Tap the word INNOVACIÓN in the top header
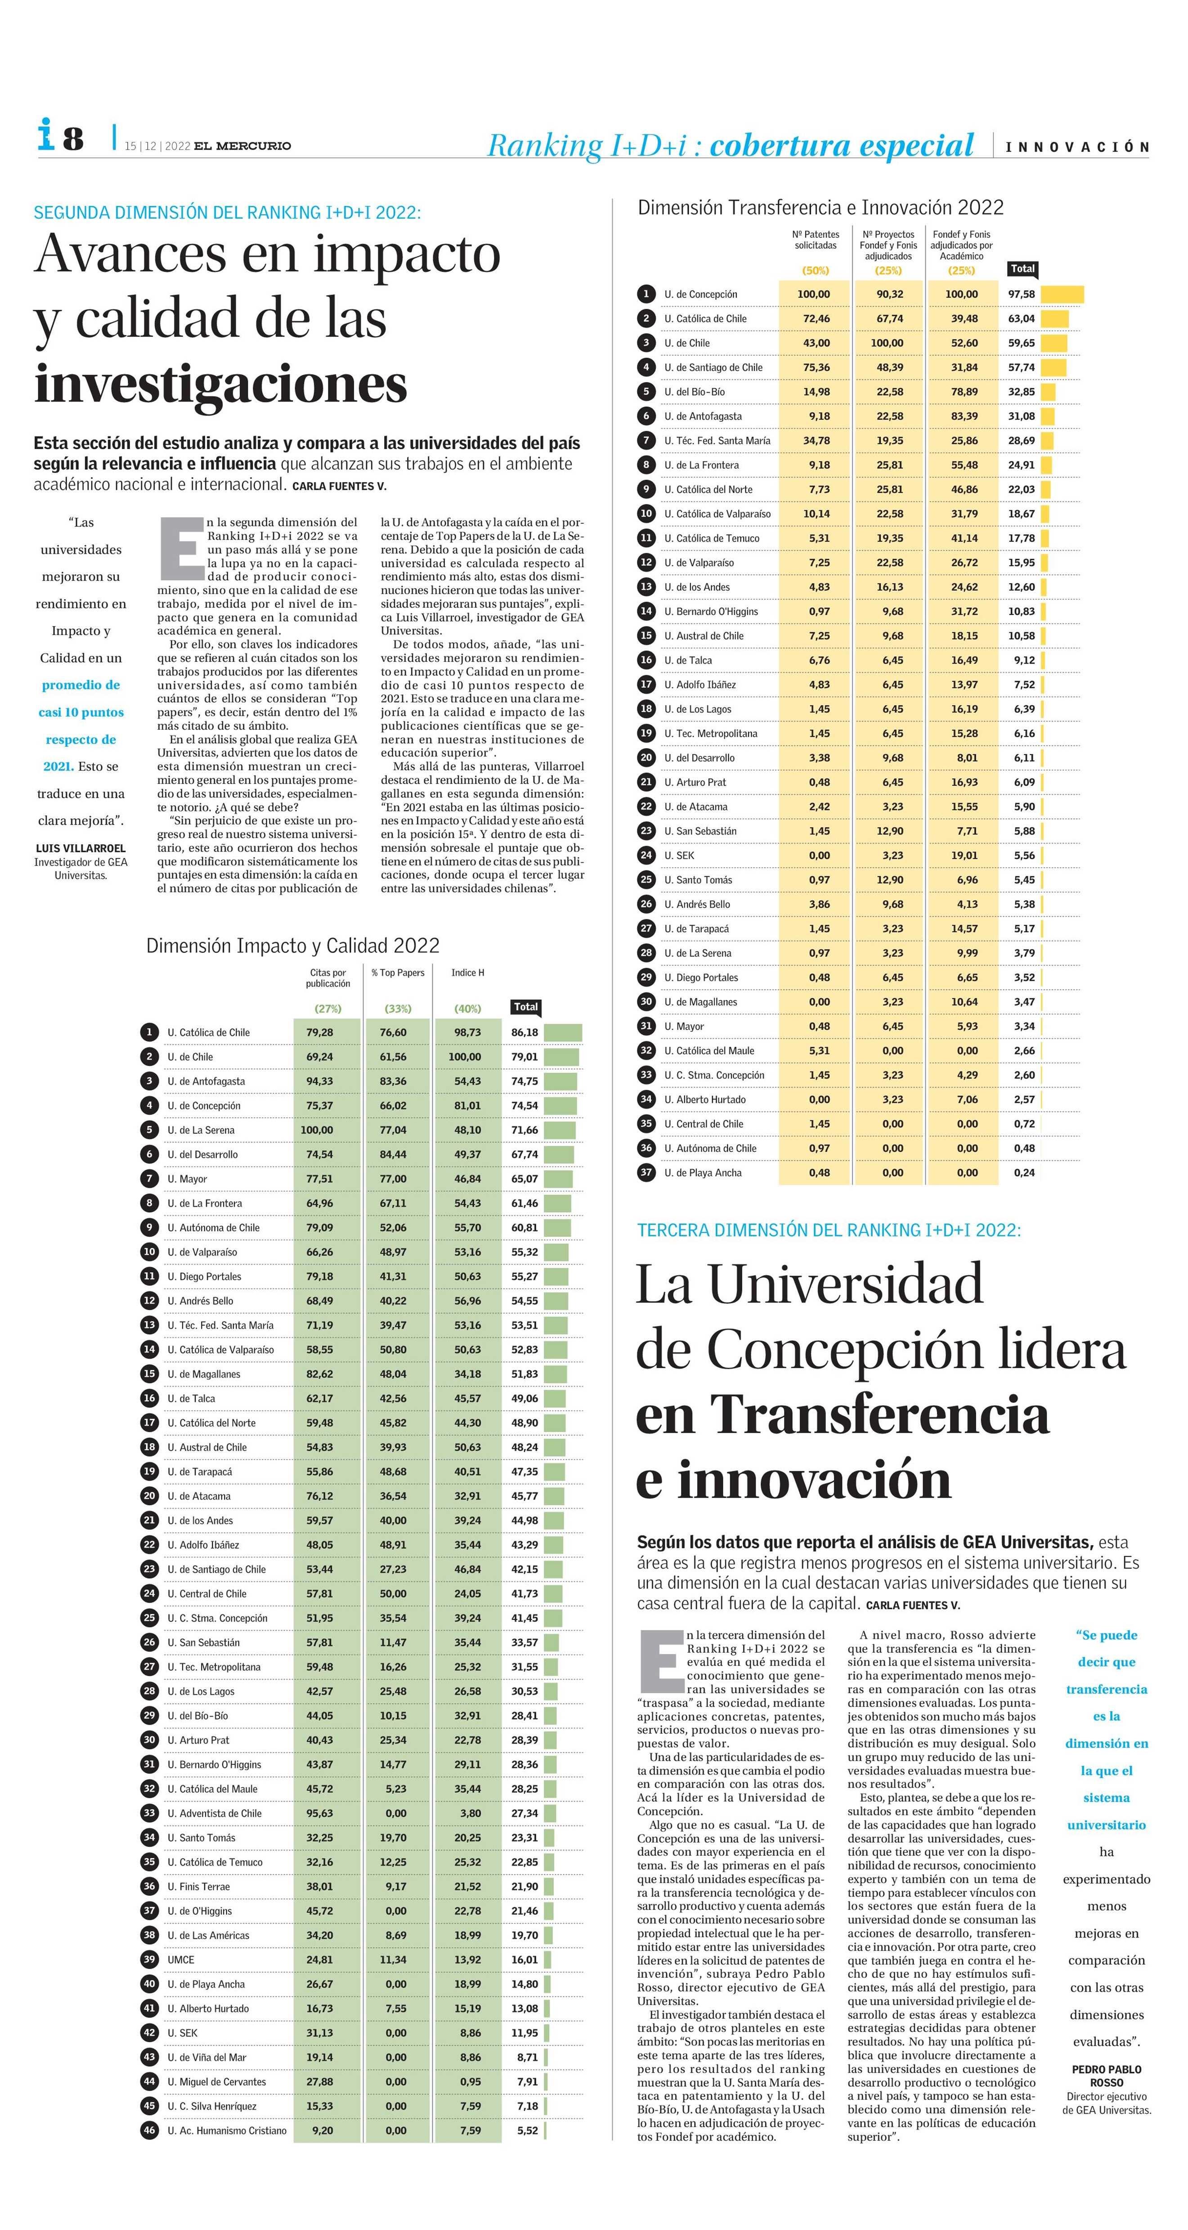(x=1077, y=147)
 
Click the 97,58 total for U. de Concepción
(x=1022, y=294)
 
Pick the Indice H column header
(x=467, y=973)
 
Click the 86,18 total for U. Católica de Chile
(x=525, y=1033)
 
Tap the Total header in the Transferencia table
(x=1022, y=269)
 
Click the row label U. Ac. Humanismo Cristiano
(x=227, y=2131)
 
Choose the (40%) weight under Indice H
(x=467, y=1008)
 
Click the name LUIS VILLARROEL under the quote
(x=81, y=848)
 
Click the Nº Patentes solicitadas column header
(x=816, y=240)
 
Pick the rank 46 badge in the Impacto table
(x=149, y=2131)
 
